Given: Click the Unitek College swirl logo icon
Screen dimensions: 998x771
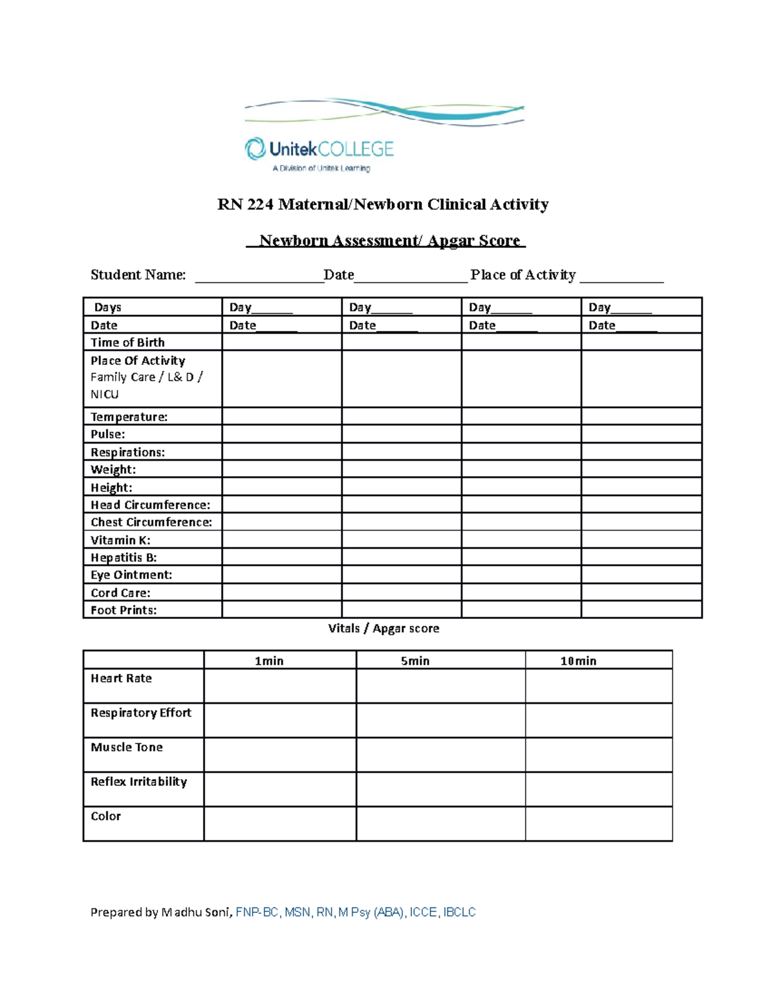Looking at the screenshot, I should point(255,148).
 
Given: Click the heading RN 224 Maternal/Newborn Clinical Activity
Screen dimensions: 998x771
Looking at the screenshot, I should point(383,204).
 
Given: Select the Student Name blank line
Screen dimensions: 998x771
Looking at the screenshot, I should point(259,277).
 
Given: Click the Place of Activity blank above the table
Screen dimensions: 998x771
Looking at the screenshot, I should point(621,277).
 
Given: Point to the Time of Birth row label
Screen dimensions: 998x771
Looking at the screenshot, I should point(127,343).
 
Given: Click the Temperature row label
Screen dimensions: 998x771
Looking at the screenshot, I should point(128,417).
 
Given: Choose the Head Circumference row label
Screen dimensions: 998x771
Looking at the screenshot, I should point(150,505).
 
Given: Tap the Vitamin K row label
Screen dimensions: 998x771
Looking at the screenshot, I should point(120,540).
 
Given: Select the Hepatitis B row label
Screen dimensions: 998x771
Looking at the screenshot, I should point(123,558).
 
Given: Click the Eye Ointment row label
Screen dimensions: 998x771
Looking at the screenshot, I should point(131,575).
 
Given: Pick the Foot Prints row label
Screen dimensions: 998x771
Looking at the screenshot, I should point(123,610).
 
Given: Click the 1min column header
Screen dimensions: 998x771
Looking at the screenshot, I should point(269,661).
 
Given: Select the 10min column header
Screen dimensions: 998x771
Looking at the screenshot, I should point(578,661).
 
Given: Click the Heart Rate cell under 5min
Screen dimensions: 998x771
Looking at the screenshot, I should point(440,686).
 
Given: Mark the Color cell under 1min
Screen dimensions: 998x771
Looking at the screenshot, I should point(279,824).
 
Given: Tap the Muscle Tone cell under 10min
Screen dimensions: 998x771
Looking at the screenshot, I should point(598,754).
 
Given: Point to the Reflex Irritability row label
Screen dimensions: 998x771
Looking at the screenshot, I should point(138,782).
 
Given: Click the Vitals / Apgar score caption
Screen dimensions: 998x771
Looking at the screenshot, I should point(384,628).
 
